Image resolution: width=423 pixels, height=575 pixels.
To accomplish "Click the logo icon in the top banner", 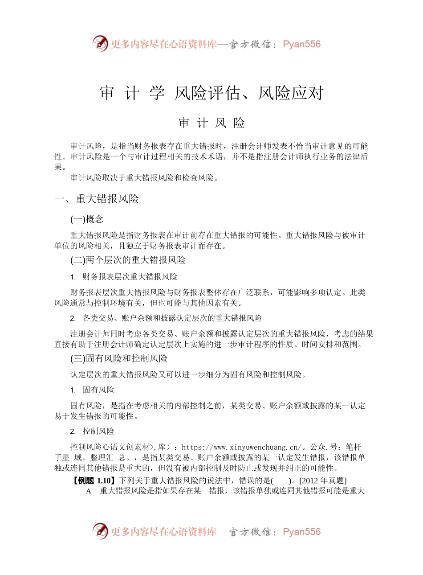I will pyautogui.click(x=100, y=44).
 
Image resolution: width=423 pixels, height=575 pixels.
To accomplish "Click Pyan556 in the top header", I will pyautogui.click(x=301, y=44).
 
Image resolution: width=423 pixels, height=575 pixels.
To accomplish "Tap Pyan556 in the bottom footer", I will pyautogui.click(x=301, y=532).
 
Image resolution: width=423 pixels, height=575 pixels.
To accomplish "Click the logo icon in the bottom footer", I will pyautogui.click(x=100, y=531).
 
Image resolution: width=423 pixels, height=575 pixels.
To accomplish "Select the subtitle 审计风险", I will pyautogui.click(x=211, y=123).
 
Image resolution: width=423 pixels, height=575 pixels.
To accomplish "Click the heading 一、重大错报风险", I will pyautogui.click(x=97, y=199).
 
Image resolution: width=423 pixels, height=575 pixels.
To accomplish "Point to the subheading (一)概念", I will pyautogui.click(x=87, y=219).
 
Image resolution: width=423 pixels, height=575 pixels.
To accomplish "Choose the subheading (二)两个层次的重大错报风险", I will pyautogui.click(x=128, y=260).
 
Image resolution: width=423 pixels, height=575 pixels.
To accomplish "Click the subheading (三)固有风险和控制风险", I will pyautogui.click(x=119, y=359).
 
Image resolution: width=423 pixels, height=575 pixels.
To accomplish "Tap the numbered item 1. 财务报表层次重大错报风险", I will pyautogui.click(x=124, y=277).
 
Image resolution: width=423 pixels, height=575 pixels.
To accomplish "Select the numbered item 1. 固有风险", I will pyautogui.click(x=92, y=390).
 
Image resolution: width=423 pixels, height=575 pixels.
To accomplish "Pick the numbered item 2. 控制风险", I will pyautogui.click(x=92, y=431).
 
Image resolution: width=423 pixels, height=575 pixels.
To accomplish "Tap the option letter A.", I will pyautogui.click(x=89, y=491).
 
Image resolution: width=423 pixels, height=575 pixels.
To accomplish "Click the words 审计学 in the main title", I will pyautogui.click(x=132, y=94).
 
